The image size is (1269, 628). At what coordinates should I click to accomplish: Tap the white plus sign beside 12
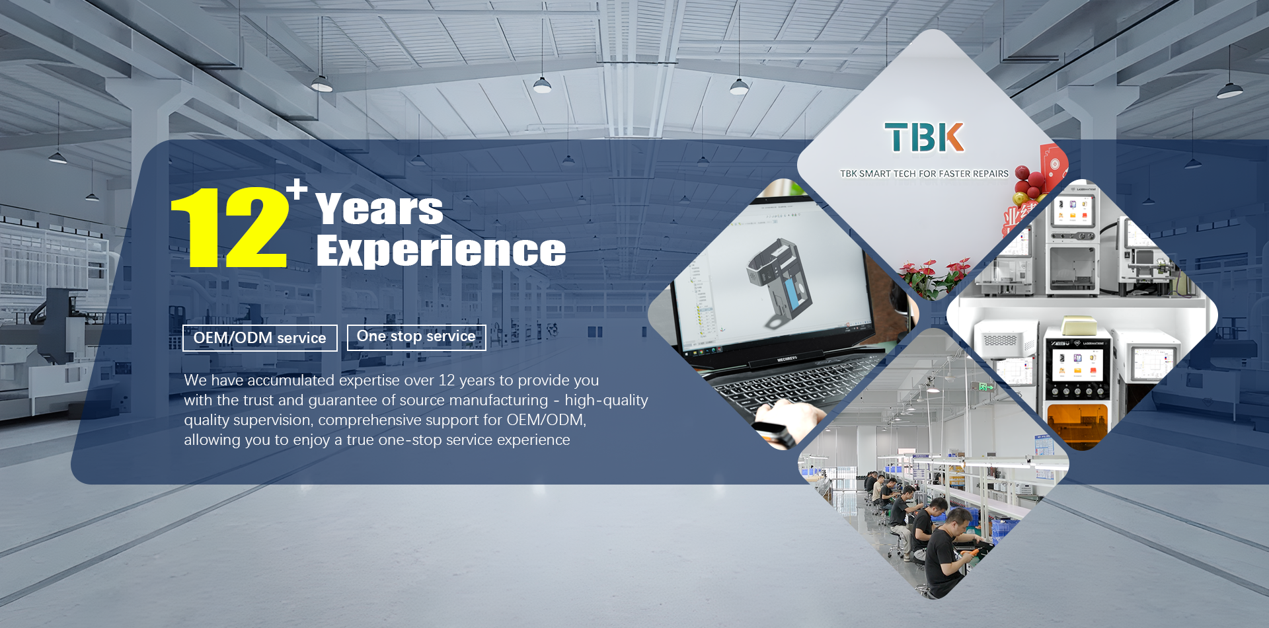(297, 189)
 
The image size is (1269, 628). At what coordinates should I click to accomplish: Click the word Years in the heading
(379, 209)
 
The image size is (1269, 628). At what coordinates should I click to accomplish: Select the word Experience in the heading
(441, 251)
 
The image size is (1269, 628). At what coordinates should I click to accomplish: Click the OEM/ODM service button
(260, 338)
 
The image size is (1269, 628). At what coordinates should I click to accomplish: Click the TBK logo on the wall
(925, 137)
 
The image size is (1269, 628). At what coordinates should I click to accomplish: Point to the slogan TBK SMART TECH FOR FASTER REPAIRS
(924, 174)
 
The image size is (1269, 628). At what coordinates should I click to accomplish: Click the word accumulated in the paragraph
(291, 381)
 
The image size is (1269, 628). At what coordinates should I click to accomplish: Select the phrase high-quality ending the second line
(606, 401)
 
